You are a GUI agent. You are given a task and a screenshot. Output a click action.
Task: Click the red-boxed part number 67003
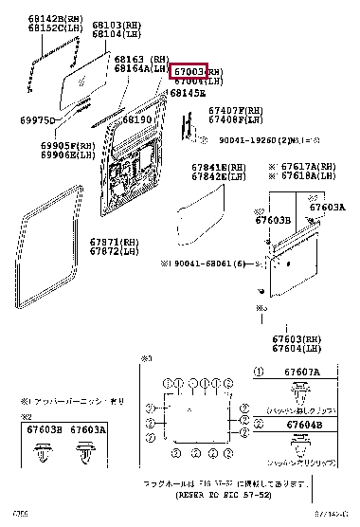click(188, 72)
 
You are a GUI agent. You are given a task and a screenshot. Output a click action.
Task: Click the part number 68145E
click(188, 93)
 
